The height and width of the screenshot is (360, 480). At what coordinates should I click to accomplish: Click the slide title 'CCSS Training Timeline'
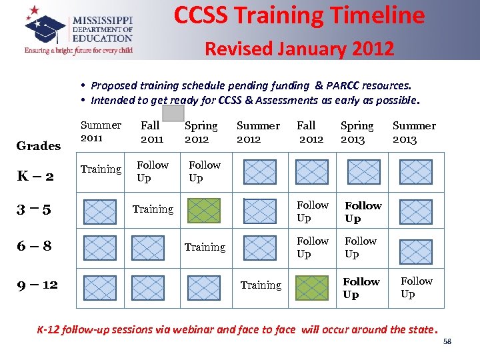coord(299,15)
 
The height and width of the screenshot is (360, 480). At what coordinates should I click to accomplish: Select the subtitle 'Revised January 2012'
coord(299,49)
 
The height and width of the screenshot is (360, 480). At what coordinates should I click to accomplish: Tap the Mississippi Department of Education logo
coord(79,30)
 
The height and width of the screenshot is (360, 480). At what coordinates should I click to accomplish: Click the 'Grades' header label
coord(38,146)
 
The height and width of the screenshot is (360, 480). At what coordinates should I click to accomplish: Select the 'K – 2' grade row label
coord(35,176)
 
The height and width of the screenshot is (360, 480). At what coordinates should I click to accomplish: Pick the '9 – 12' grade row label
coord(37,285)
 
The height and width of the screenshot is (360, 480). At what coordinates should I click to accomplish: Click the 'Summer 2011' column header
coord(101,131)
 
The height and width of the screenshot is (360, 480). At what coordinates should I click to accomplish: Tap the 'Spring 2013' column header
coord(357,132)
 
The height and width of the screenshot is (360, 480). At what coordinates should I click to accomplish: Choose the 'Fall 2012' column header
coord(309,132)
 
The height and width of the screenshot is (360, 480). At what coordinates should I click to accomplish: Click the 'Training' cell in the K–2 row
coord(101,169)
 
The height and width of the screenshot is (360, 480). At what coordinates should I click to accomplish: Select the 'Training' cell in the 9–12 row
coord(261,285)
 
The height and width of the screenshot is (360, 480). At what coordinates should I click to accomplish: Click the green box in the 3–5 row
coord(203,211)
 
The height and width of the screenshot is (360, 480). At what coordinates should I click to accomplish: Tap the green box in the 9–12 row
coord(311,287)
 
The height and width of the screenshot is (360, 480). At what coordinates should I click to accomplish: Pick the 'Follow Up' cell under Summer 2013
coord(417,288)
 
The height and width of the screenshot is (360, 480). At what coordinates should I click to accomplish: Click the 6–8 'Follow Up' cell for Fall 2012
coord(312,247)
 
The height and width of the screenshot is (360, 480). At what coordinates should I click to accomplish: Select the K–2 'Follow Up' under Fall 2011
coord(153,171)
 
